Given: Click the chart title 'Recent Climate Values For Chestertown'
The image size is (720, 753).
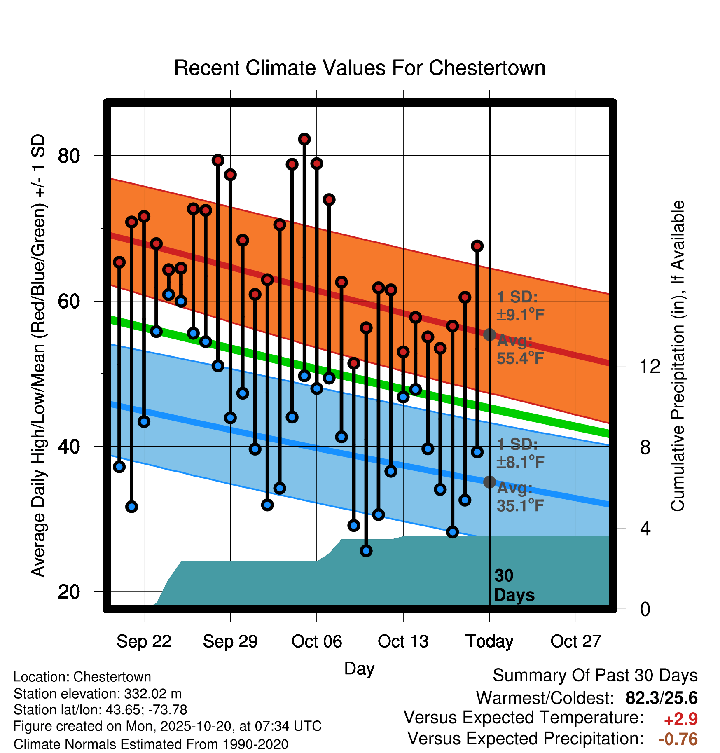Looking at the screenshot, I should tap(360, 68).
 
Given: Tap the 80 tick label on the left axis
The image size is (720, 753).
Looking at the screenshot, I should tap(69, 156).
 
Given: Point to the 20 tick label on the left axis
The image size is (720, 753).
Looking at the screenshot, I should tap(69, 592).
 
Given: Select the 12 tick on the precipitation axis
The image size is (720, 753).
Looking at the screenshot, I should tap(650, 366).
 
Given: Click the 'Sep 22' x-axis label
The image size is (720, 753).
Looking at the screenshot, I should tap(144, 641).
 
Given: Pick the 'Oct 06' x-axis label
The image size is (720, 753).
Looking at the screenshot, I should tap(316, 641).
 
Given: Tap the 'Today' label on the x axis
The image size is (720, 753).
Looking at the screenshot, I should tap(489, 641).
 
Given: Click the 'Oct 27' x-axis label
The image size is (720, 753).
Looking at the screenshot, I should tap(576, 641).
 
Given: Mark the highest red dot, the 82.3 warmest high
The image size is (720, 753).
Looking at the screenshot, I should tap(304, 139).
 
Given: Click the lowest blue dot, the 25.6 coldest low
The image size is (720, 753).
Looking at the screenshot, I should tap(366, 551).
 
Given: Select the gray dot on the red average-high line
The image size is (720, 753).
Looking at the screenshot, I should tap(489, 334).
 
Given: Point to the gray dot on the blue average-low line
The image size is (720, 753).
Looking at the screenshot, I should tap(489, 482).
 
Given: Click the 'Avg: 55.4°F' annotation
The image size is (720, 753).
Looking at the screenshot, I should tap(520, 350).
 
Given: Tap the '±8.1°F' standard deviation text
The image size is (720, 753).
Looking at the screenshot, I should tap(520, 462).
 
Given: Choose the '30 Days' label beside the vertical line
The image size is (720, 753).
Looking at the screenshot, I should tap(514, 585).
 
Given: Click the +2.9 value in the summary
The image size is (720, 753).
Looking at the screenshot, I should tap(680, 719).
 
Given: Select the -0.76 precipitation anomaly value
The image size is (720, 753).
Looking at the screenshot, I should tap(678, 739).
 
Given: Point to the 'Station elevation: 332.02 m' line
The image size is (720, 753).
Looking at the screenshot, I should tap(98, 694).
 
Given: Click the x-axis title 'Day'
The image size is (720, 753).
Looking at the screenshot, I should tap(359, 668).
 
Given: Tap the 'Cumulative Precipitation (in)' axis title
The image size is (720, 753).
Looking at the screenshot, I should tap(678, 356).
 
